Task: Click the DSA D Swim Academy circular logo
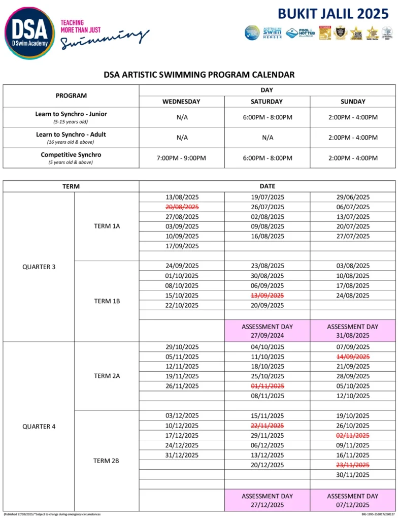click(x=29, y=33)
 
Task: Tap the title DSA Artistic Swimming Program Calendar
click(x=199, y=75)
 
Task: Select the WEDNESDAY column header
click(x=181, y=102)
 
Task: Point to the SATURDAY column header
click(x=267, y=102)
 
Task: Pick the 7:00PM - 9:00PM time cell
click(x=181, y=158)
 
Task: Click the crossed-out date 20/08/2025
click(x=182, y=207)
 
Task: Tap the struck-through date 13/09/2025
click(x=267, y=296)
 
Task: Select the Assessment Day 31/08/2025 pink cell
click(x=352, y=331)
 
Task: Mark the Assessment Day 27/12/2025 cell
click(x=267, y=500)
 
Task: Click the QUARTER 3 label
click(x=39, y=267)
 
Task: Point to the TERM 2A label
click(x=107, y=376)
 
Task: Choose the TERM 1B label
click(x=107, y=301)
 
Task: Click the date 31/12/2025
click(x=182, y=455)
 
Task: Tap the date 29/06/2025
click(x=352, y=197)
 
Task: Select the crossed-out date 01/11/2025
click(x=267, y=386)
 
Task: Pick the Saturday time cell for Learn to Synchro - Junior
click(x=267, y=117)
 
